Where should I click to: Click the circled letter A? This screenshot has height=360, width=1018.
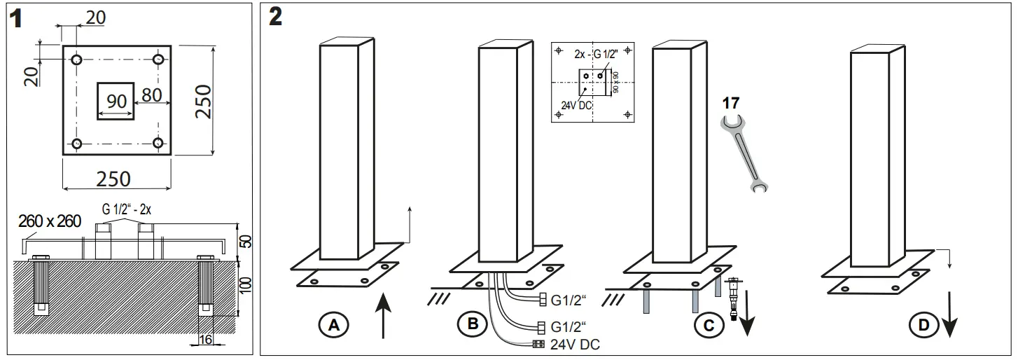point(334,324)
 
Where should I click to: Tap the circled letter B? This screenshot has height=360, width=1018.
point(472,324)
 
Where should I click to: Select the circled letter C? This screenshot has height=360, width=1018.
point(709,324)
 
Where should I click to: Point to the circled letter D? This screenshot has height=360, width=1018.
point(923,324)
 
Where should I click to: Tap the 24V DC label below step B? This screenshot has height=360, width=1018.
point(575,344)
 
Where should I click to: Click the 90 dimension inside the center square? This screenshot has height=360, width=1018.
point(116,102)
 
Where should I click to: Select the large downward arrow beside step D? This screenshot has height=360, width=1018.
point(950,314)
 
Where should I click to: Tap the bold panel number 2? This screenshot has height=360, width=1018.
point(275,18)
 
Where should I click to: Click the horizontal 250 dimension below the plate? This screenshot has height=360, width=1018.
point(113,179)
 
